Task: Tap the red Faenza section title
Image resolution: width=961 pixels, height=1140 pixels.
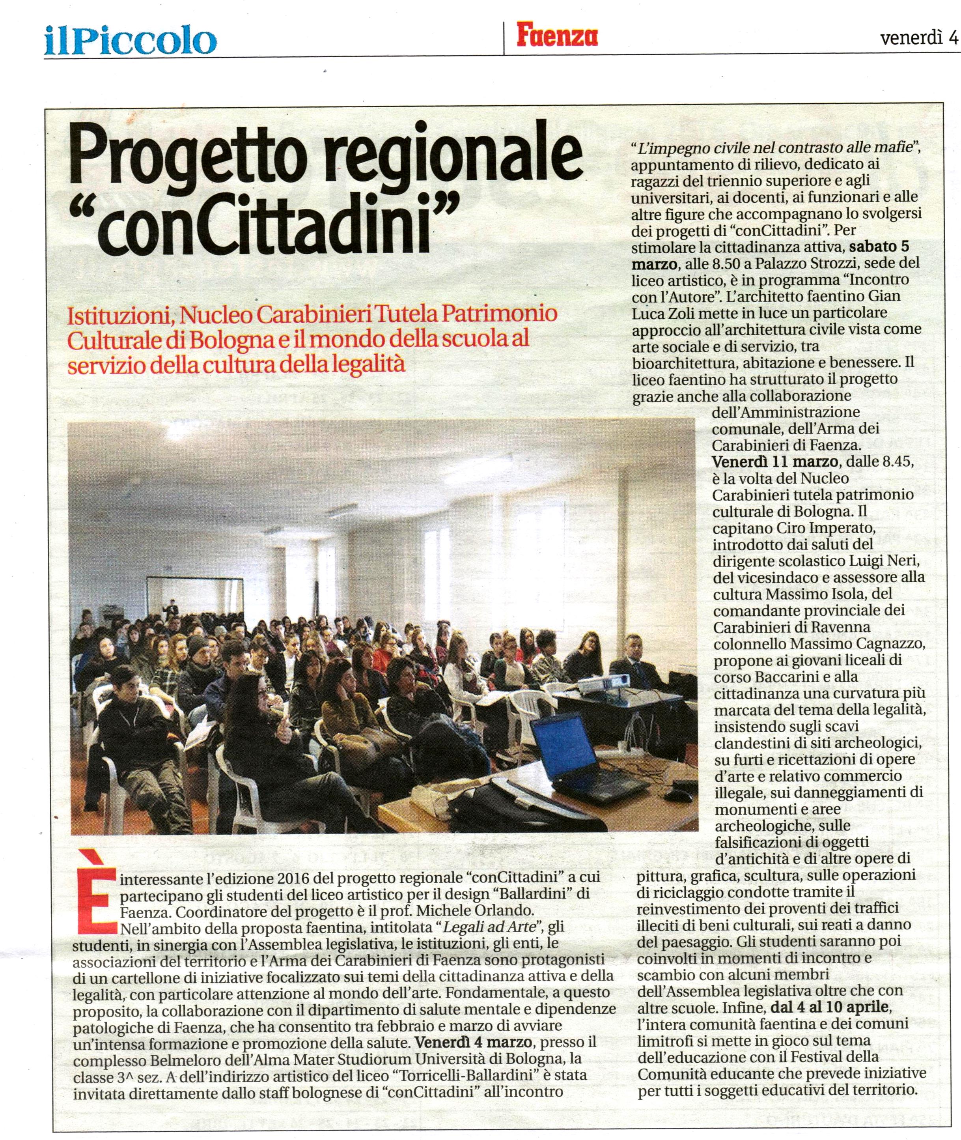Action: pyautogui.click(x=557, y=36)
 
